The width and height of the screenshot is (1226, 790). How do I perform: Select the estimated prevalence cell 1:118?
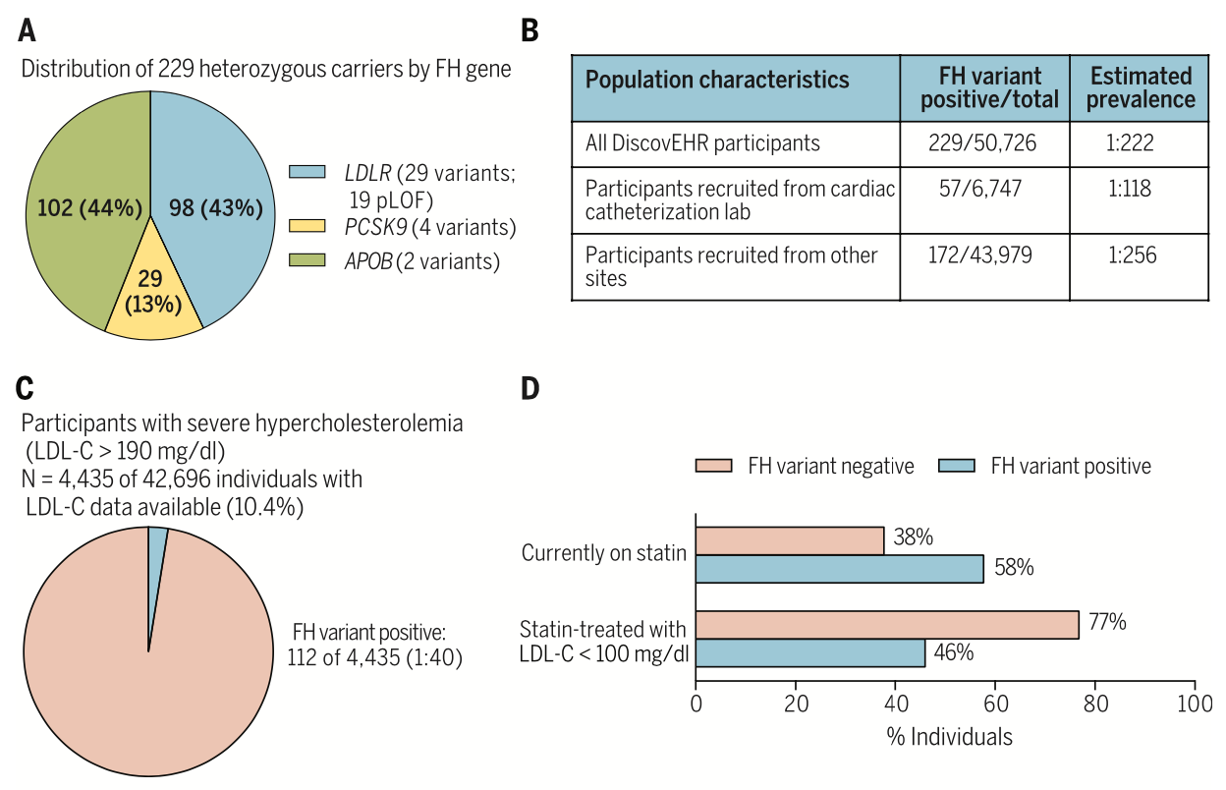pos(1129,188)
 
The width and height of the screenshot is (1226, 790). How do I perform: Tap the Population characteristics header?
pos(717,80)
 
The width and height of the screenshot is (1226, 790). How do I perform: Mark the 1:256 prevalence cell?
pos(1129,256)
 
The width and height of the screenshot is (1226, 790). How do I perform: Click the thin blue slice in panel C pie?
pos(156,550)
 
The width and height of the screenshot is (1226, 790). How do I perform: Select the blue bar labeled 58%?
pos(840,569)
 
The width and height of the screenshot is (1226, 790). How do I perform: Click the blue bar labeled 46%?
pos(810,653)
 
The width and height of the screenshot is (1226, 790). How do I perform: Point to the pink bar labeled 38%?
pos(790,540)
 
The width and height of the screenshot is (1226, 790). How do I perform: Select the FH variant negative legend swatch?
pos(713,466)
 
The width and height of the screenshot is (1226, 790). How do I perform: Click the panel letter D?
pos(529,389)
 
